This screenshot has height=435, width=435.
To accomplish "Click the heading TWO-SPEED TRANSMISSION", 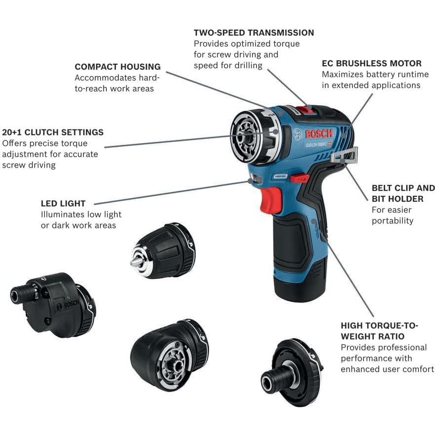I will [x=254, y=33].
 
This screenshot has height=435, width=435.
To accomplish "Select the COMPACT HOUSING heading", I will [x=118, y=67].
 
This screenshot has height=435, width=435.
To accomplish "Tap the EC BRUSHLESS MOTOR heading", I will [x=372, y=63].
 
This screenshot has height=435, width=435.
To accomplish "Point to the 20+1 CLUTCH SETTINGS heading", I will [x=53, y=132].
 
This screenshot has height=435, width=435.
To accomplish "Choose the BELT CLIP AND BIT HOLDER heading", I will [x=403, y=193].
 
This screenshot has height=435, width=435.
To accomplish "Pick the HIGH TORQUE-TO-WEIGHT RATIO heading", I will [x=379, y=331].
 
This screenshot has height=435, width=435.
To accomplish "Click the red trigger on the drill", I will [x=271, y=199].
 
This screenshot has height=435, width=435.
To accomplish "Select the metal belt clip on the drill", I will [x=345, y=156].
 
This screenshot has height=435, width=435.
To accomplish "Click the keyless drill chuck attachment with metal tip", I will [x=163, y=251].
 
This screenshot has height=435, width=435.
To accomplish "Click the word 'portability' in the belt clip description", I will [x=392, y=220].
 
